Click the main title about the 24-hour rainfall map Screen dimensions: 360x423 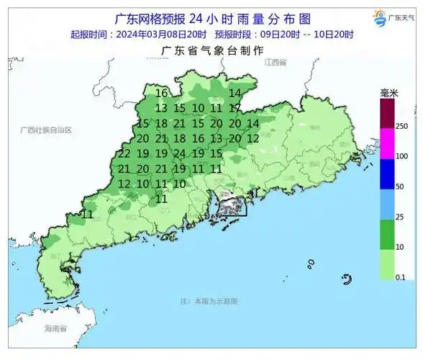pyautogui.click(x=210, y=17)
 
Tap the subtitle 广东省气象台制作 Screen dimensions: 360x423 pyautogui.click(x=211, y=50)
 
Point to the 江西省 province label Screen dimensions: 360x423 pyautogui.click(x=275, y=63)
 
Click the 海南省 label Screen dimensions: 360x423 pyautogui.click(x=55, y=329)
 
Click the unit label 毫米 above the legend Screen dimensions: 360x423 pyautogui.click(x=390, y=94)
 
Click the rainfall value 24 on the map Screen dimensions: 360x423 pyautogui.click(x=180, y=153)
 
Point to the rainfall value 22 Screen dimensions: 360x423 pyautogui.click(x=124, y=153)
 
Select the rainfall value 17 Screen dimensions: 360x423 pyautogui.click(x=235, y=108)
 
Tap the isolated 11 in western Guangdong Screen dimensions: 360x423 pyautogui.click(x=88, y=214)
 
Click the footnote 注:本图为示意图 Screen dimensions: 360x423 pyautogui.click(x=209, y=300)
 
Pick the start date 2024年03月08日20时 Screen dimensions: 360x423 pyautogui.click(x=160, y=34)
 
